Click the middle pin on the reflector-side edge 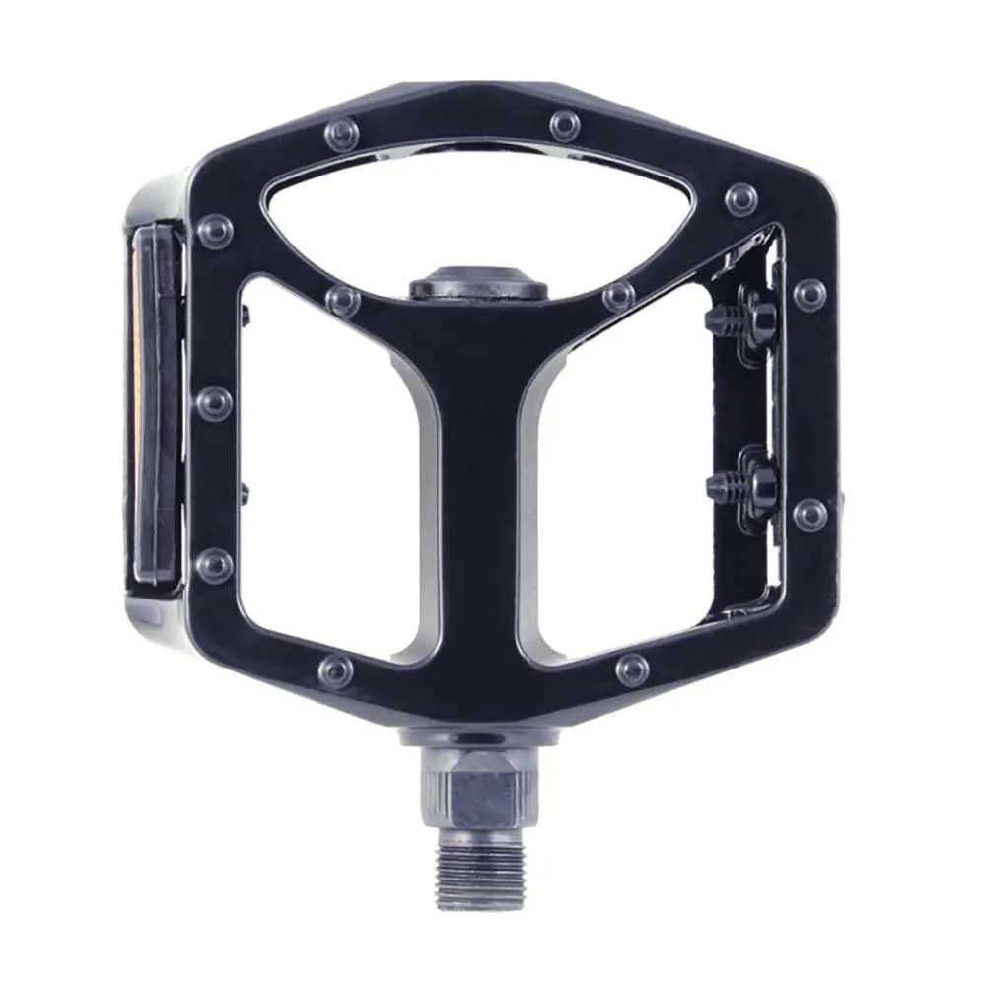pyautogui.click(x=214, y=401)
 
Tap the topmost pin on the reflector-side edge pyautogui.click(x=214, y=230)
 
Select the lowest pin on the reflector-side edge pyautogui.click(x=214, y=565)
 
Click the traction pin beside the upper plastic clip pyautogui.click(x=810, y=293)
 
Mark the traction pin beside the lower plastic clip pyautogui.click(x=810, y=514)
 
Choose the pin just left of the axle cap pyautogui.click(x=342, y=299)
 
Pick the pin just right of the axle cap pyautogui.click(x=618, y=295)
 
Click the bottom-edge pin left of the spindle pyautogui.click(x=336, y=671)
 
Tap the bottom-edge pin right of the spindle pyautogui.click(x=632, y=670)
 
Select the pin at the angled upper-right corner pyautogui.click(x=740, y=199)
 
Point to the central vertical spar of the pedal pyautogui.click(x=478, y=493)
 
